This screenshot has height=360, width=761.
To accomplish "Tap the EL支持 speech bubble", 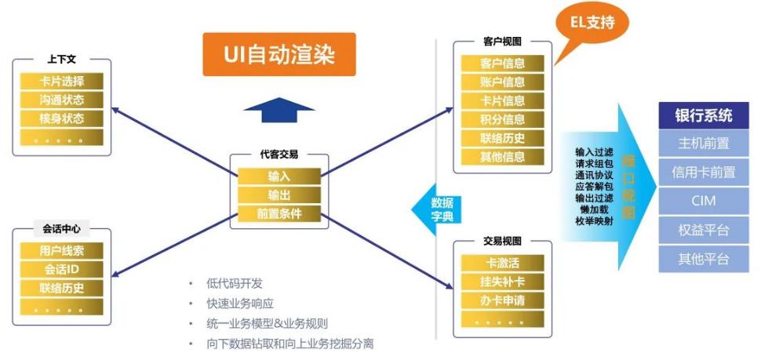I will pyautogui.click(x=597, y=24).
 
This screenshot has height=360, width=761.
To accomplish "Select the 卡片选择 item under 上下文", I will pyautogui.click(x=61, y=81).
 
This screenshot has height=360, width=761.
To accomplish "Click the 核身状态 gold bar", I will pyautogui.click(x=61, y=118).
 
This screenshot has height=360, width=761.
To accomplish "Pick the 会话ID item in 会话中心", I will pyautogui.click(x=61, y=269).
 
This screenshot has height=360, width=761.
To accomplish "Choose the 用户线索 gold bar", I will pyautogui.click(x=61, y=250).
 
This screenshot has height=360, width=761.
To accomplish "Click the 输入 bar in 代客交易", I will pyautogui.click(x=279, y=176).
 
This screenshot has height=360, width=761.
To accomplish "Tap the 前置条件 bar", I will pyautogui.click(x=279, y=213).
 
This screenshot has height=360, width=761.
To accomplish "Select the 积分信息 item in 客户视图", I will pyautogui.click(x=502, y=119).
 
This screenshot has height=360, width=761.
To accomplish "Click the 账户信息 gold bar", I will pyautogui.click(x=502, y=82).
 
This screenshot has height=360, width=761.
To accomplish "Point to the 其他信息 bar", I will pyautogui.click(x=502, y=156).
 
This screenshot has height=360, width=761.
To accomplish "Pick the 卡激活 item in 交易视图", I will pyautogui.click(x=502, y=263).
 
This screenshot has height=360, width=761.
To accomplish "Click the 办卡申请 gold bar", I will pyautogui.click(x=502, y=300).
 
